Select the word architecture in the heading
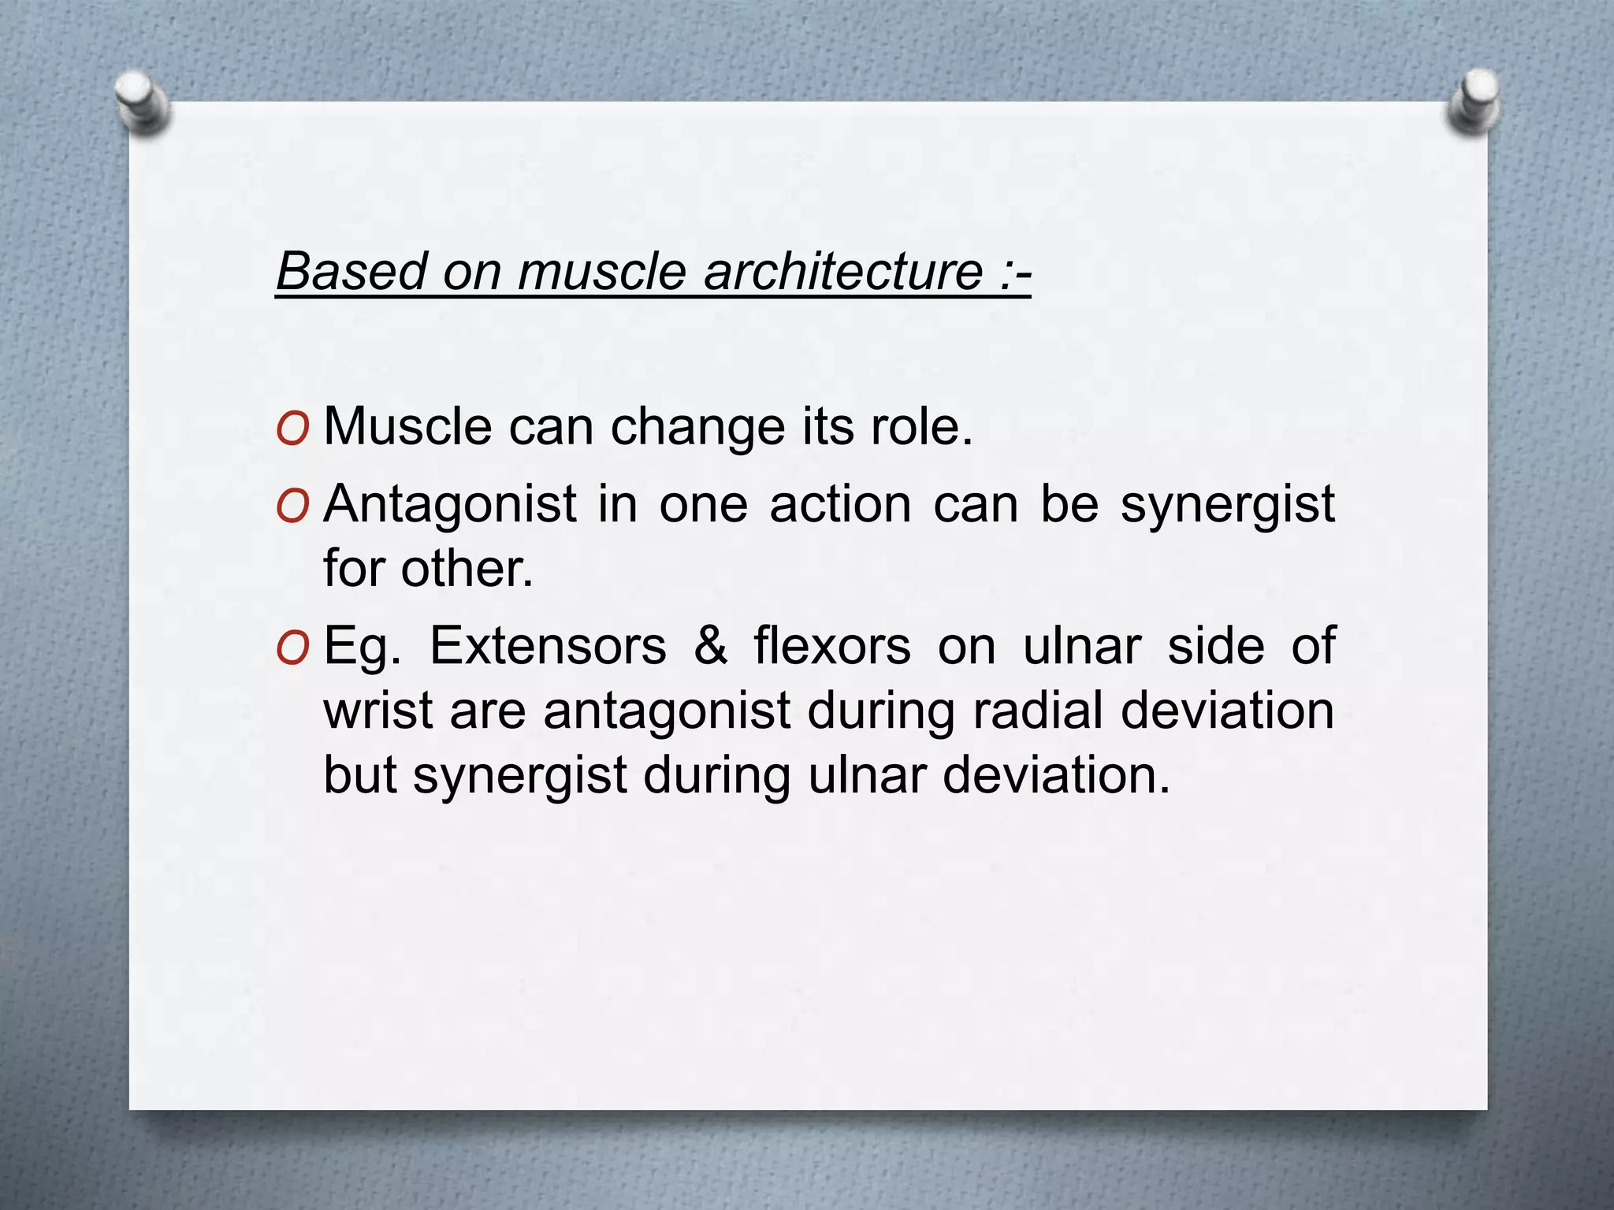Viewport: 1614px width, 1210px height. coord(842,271)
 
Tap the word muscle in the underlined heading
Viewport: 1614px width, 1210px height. coord(603,271)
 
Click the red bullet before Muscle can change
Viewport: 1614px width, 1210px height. coord(292,429)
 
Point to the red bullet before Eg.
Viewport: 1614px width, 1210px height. coord(292,648)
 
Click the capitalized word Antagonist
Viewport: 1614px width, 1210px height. coord(450,505)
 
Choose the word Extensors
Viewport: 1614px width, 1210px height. coord(548,646)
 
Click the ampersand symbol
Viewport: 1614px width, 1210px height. coord(710,646)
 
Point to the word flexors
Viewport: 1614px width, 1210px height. coord(831,646)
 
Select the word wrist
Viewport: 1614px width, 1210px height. coord(377,711)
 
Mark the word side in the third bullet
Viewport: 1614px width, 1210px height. coord(1215,646)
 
